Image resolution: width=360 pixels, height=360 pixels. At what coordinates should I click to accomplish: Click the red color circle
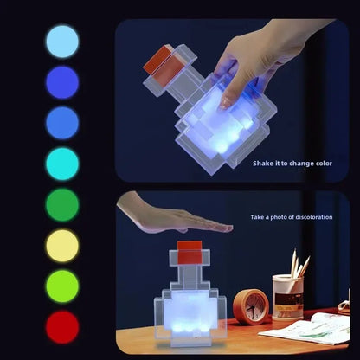pos(61,327)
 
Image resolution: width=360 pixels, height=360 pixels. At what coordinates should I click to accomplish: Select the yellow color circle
pos(61,246)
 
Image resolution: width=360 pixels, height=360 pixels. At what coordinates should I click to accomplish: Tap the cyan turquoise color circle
pos(61,164)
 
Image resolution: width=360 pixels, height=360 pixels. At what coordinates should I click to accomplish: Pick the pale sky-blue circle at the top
pos(61,42)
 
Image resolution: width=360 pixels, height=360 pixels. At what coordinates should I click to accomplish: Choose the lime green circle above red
pos(61,286)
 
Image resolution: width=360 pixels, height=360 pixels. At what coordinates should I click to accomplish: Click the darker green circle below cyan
pos(61,205)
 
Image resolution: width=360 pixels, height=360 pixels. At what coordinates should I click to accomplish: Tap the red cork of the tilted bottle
pos(160,60)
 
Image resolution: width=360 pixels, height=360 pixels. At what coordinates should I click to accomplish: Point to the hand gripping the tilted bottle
pos(251,61)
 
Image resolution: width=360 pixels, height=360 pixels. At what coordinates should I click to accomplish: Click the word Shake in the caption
pos(263,163)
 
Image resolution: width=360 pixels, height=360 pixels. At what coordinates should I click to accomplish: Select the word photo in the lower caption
pos(278,217)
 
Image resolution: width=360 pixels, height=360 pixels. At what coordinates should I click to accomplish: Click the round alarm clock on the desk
pos(252,305)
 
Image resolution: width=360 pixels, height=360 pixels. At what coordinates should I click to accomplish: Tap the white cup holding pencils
pos(287,297)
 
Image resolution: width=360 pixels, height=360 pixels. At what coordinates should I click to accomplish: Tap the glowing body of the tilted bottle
pos(221,125)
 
